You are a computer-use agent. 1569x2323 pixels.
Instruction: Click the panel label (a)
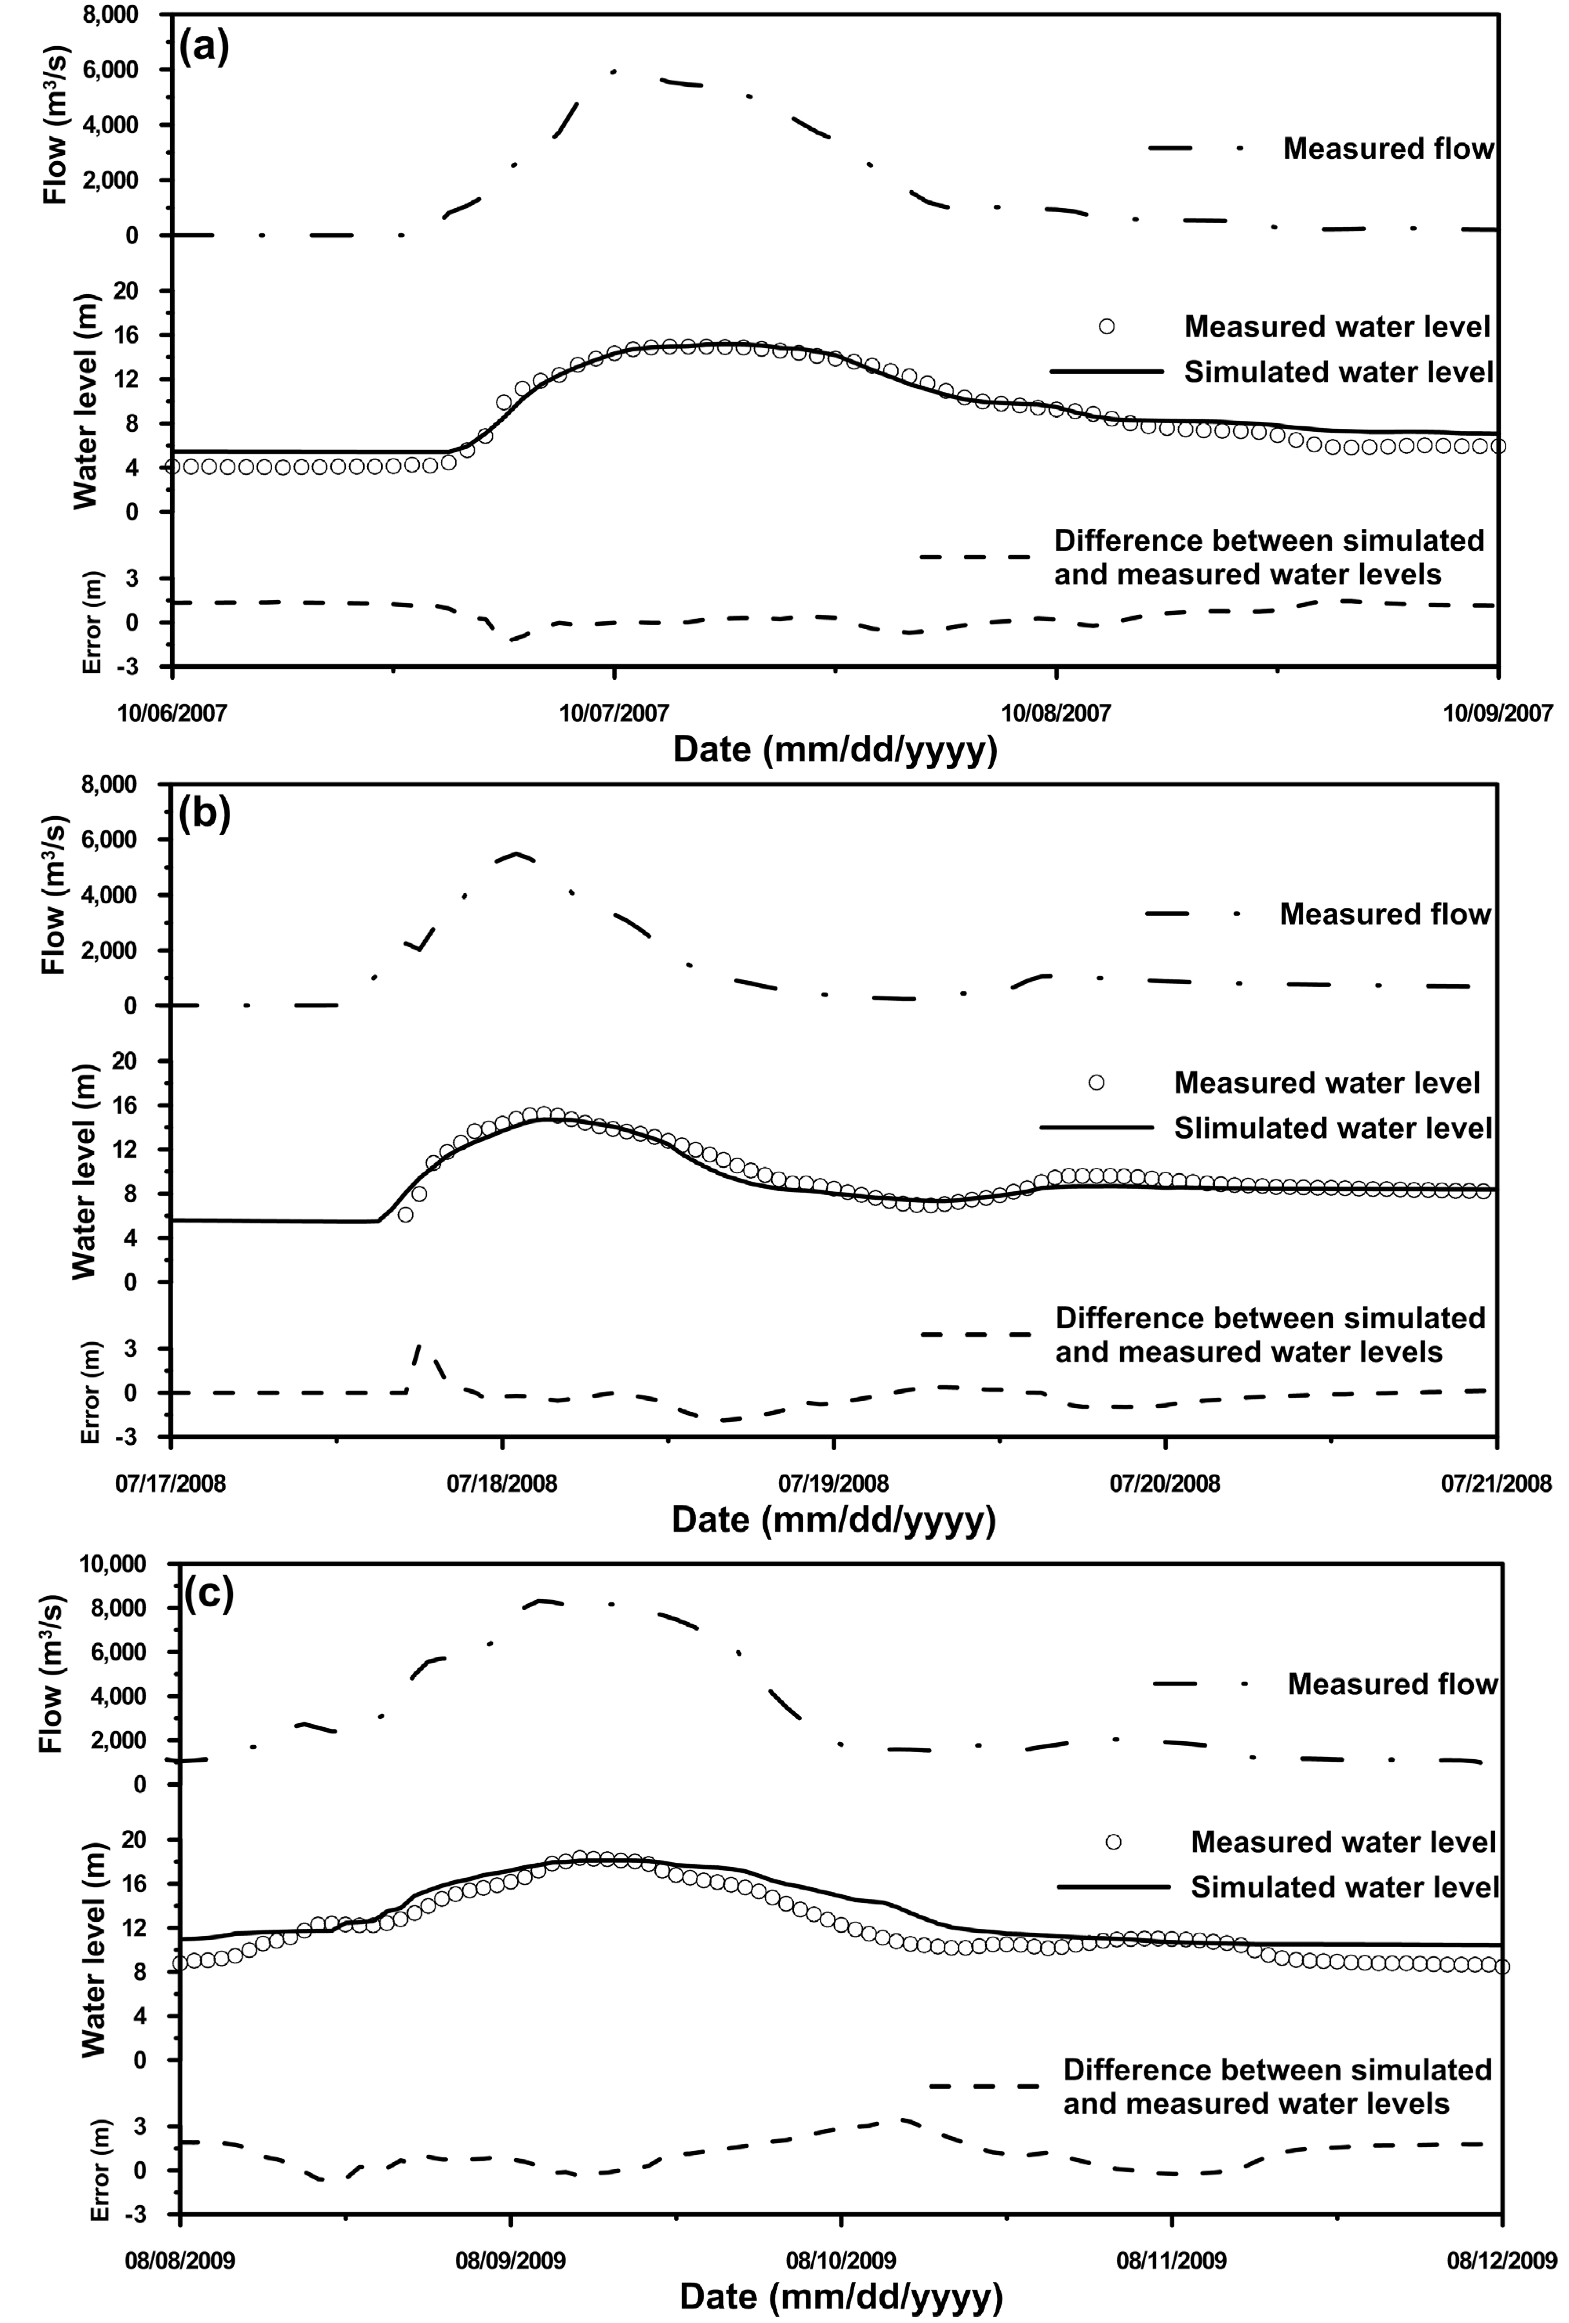tap(205, 47)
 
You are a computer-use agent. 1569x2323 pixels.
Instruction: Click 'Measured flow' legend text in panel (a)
tap(1388, 149)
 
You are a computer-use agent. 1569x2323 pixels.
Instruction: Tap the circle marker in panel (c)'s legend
tap(1113, 1842)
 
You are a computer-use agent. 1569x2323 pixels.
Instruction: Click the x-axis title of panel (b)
tap(834, 1519)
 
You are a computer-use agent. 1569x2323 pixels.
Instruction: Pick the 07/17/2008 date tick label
tap(171, 1482)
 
